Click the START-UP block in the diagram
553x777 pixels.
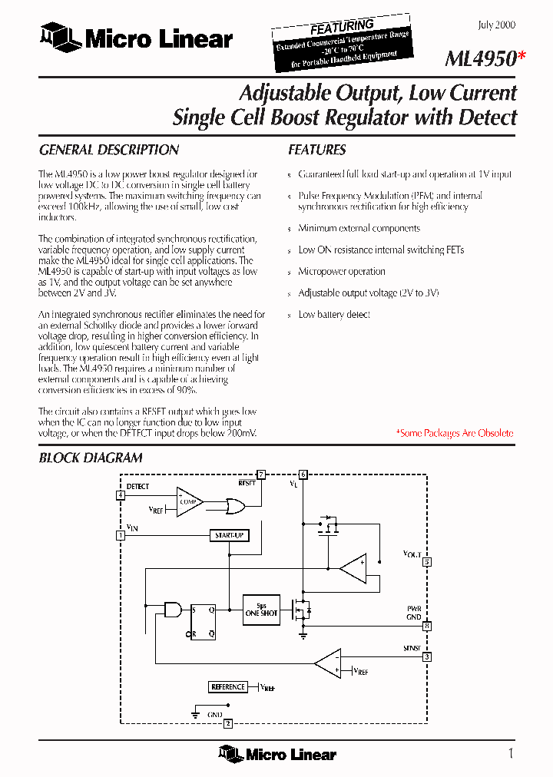(x=230, y=534)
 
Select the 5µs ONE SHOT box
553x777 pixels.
(x=261, y=609)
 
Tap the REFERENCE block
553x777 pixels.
(x=228, y=687)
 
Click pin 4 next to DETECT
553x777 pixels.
(x=121, y=495)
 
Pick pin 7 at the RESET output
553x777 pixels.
(x=261, y=474)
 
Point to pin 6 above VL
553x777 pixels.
(x=303, y=474)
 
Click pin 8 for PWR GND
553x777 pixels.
(x=427, y=626)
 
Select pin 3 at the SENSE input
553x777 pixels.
(x=427, y=656)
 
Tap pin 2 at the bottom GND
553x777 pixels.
(x=228, y=723)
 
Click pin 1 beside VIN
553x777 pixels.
(x=121, y=535)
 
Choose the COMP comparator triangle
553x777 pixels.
(x=187, y=502)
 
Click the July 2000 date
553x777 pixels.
(x=496, y=25)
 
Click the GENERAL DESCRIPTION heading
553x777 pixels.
(x=109, y=150)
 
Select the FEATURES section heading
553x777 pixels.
(x=317, y=150)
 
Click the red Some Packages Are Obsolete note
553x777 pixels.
(x=454, y=433)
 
